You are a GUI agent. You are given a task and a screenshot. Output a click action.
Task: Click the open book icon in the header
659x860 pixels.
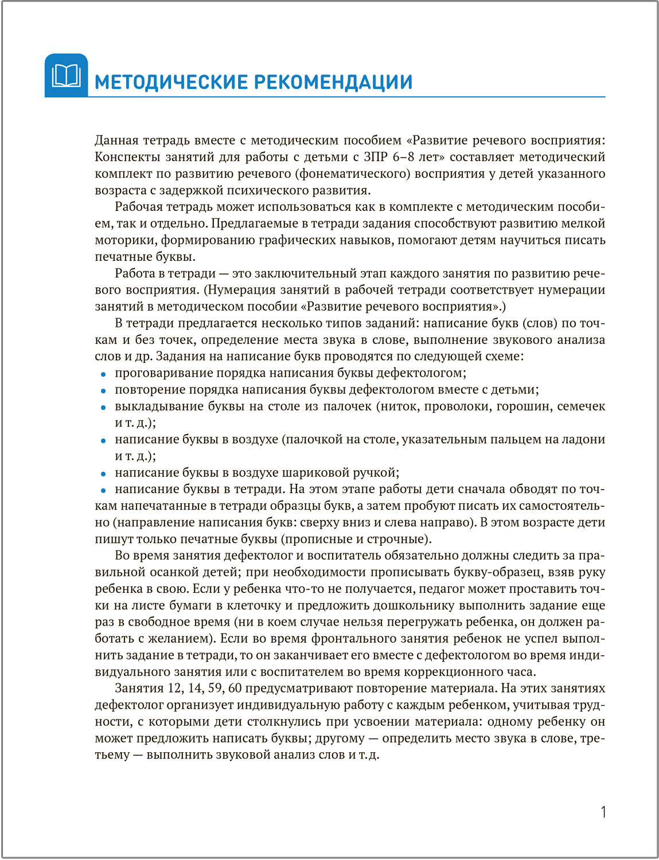pyautogui.click(x=66, y=76)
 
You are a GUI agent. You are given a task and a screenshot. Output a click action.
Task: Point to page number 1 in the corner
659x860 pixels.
pyautogui.click(x=603, y=812)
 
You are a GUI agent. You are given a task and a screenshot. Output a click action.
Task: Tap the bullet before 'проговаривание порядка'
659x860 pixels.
pyautogui.click(x=103, y=374)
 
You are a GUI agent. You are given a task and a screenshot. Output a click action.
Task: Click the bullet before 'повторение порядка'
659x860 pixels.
pyautogui.click(x=103, y=391)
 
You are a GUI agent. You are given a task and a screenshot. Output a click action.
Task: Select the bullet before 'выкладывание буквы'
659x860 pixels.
pyautogui.click(x=103, y=408)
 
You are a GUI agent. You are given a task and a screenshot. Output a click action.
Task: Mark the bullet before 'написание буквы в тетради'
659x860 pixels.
pyautogui.click(x=103, y=491)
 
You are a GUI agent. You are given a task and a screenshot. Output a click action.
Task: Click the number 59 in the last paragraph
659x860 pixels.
pyautogui.click(x=215, y=689)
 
